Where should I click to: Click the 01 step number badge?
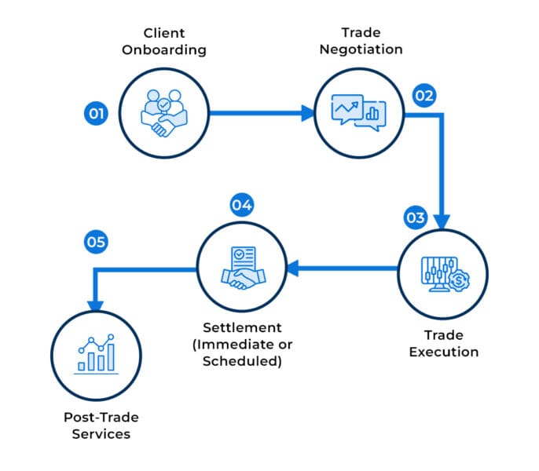tap(96, 114)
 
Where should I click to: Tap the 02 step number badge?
tap(424, 97)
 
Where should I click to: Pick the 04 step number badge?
tap(241, 206)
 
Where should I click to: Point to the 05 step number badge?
tap(96, 243)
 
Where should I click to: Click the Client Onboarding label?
tap(163, 41)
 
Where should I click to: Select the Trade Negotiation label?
tap(361, 41)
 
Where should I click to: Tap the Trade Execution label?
tap(443, 343)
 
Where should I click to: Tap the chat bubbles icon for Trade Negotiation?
tap(358, 113)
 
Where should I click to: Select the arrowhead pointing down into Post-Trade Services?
tap(97, 305)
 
